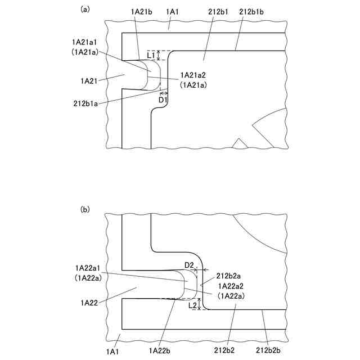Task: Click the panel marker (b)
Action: (85, 209)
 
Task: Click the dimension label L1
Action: (151, 55)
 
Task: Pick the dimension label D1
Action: (163, 100)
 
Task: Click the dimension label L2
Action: (192, 305)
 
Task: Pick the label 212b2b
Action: (267, 350)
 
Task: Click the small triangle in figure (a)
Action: (240, 143)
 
